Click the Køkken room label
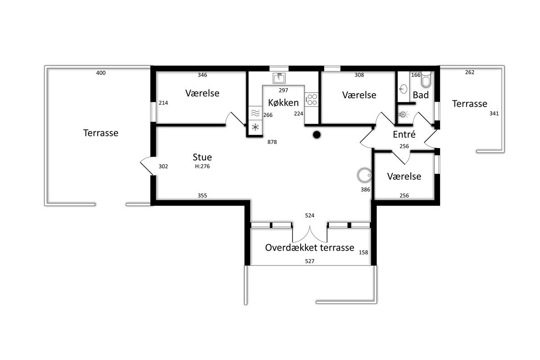pyautogui.click(x=283, y=103)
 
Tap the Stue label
pyautogui.click(x=202, y=157)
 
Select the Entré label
pyautogui.click(x=404, y=134)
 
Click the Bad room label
pyautogui.click(x=421, y=95)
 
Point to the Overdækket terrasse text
pyautogui.click(x=310, y=247)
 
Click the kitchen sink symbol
pyautogui.click(x=279, y=78)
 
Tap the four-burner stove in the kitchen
pyautogui.click(x=311, y=99)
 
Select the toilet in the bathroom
pyautogui.click(x=426, y=79)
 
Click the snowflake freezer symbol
pyautogui.click(x=255, y=127)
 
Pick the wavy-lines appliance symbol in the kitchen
pyautogui.click(x=255, y=113)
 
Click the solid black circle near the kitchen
pyautogui.click(x=317, y=135)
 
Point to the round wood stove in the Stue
pyautogui.click(x=364, y=175)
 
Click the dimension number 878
pyautogui.click(x=272, y=142)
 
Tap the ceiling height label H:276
pyautogui.click(x=202, y=166)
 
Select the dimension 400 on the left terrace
pyautogui.click(x=101, y=73)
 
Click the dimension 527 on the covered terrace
pyautogui.click(x=310, y=261)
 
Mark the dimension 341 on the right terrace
pyautogui.click(x=494, y=113)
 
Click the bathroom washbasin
pyautogui.click(x=403, y=89)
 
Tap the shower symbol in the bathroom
pyautogui.click(x=403, y=114)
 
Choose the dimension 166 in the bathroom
pyautogui.click(x=416, y=75)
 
